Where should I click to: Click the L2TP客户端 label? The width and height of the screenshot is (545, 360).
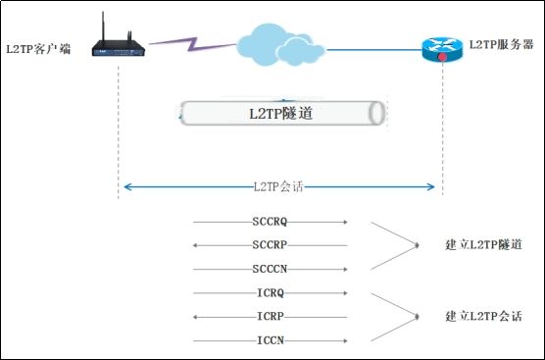coord(38,46)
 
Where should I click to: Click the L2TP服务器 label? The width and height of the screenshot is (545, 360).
coord(500,44)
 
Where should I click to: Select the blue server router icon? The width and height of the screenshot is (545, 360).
coord(441,46)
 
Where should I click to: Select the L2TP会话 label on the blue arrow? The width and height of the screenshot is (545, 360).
coord(279,185)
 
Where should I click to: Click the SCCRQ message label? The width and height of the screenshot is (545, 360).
coord(270,222)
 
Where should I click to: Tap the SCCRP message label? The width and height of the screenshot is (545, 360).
coord(270,244)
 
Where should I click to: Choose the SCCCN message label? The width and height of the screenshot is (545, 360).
coord(270,268)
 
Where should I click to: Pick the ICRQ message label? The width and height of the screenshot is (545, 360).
coord(270,292)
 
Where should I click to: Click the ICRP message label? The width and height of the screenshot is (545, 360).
coord(270,316)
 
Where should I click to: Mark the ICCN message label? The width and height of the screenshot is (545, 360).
coord(270,340)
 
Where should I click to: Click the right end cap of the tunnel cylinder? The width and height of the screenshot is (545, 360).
coord(376,113)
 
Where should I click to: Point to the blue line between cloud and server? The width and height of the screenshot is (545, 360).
coord(372,48)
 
